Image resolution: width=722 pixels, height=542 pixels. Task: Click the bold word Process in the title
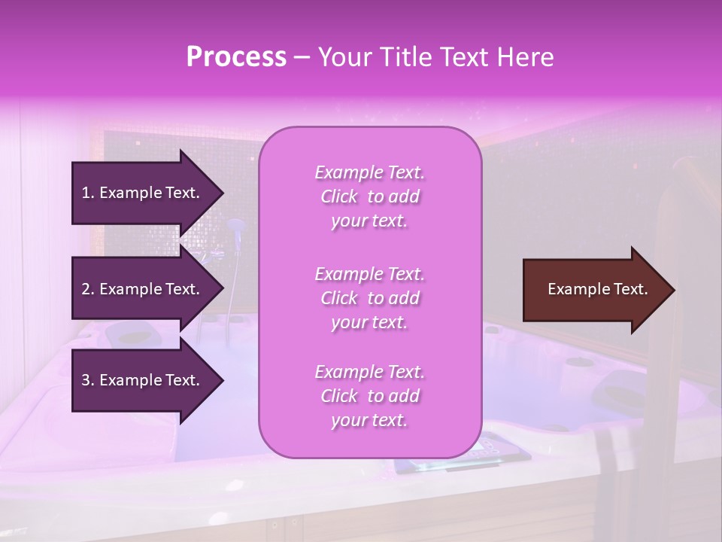[236, 56]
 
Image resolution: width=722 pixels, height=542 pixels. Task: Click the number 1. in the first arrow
[88, 193]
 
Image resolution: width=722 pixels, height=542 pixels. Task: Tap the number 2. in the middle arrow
[88, 289]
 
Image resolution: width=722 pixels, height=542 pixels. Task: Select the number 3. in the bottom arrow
[88, 380]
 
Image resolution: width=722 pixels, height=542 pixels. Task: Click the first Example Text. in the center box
[369, 172]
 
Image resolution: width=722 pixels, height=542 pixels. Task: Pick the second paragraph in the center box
[369, 298]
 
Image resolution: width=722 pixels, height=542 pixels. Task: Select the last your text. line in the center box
[369, 421]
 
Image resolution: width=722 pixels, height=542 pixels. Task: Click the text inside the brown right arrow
[598, 289]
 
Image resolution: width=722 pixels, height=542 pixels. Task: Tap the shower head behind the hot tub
[235, 226]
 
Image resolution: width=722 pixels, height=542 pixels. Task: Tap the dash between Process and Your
[302, 57]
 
